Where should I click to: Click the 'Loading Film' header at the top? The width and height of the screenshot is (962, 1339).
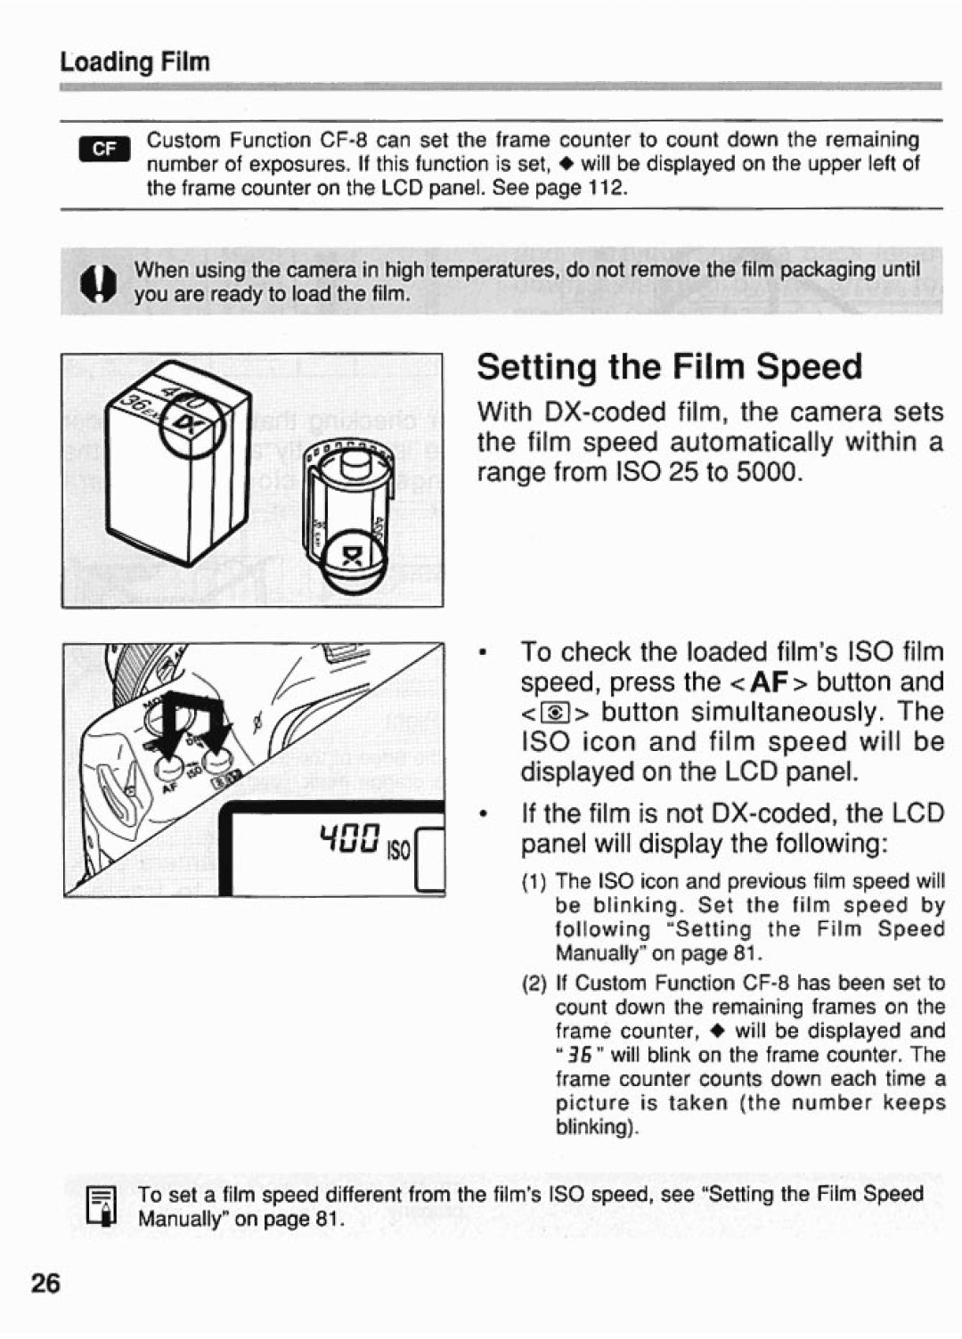[135, 62]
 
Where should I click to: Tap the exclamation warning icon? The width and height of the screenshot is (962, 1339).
[94, 283]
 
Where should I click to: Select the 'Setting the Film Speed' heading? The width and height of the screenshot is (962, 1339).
[670, 367]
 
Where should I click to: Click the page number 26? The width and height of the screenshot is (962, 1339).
[46, 1284]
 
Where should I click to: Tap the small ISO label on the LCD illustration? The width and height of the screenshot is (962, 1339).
[398, 852]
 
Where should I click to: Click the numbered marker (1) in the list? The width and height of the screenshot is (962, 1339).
[534, 882]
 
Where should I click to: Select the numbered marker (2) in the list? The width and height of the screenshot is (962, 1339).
[534, 984]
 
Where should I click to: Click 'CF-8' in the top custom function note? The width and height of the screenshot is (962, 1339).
[343, 141]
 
